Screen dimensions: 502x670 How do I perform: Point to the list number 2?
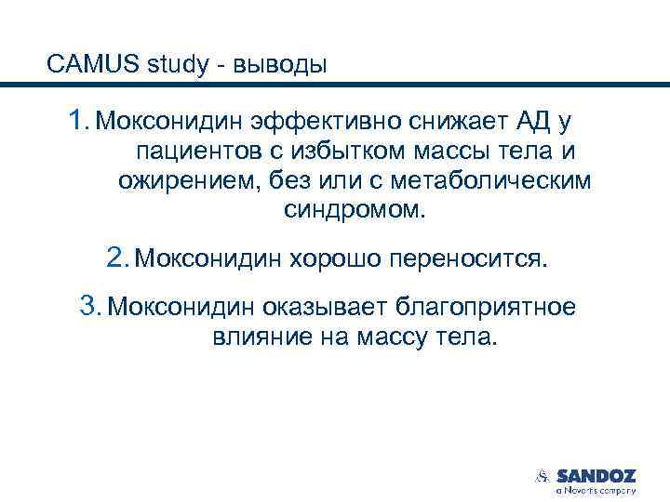tap(116, 256)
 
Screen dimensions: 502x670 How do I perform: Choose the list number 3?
tap(89, 304)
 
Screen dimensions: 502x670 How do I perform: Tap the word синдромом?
tap(354, 210)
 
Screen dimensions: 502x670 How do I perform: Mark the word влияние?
tap(251, 336)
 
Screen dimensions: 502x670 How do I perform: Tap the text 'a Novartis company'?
tap(596, 489)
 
